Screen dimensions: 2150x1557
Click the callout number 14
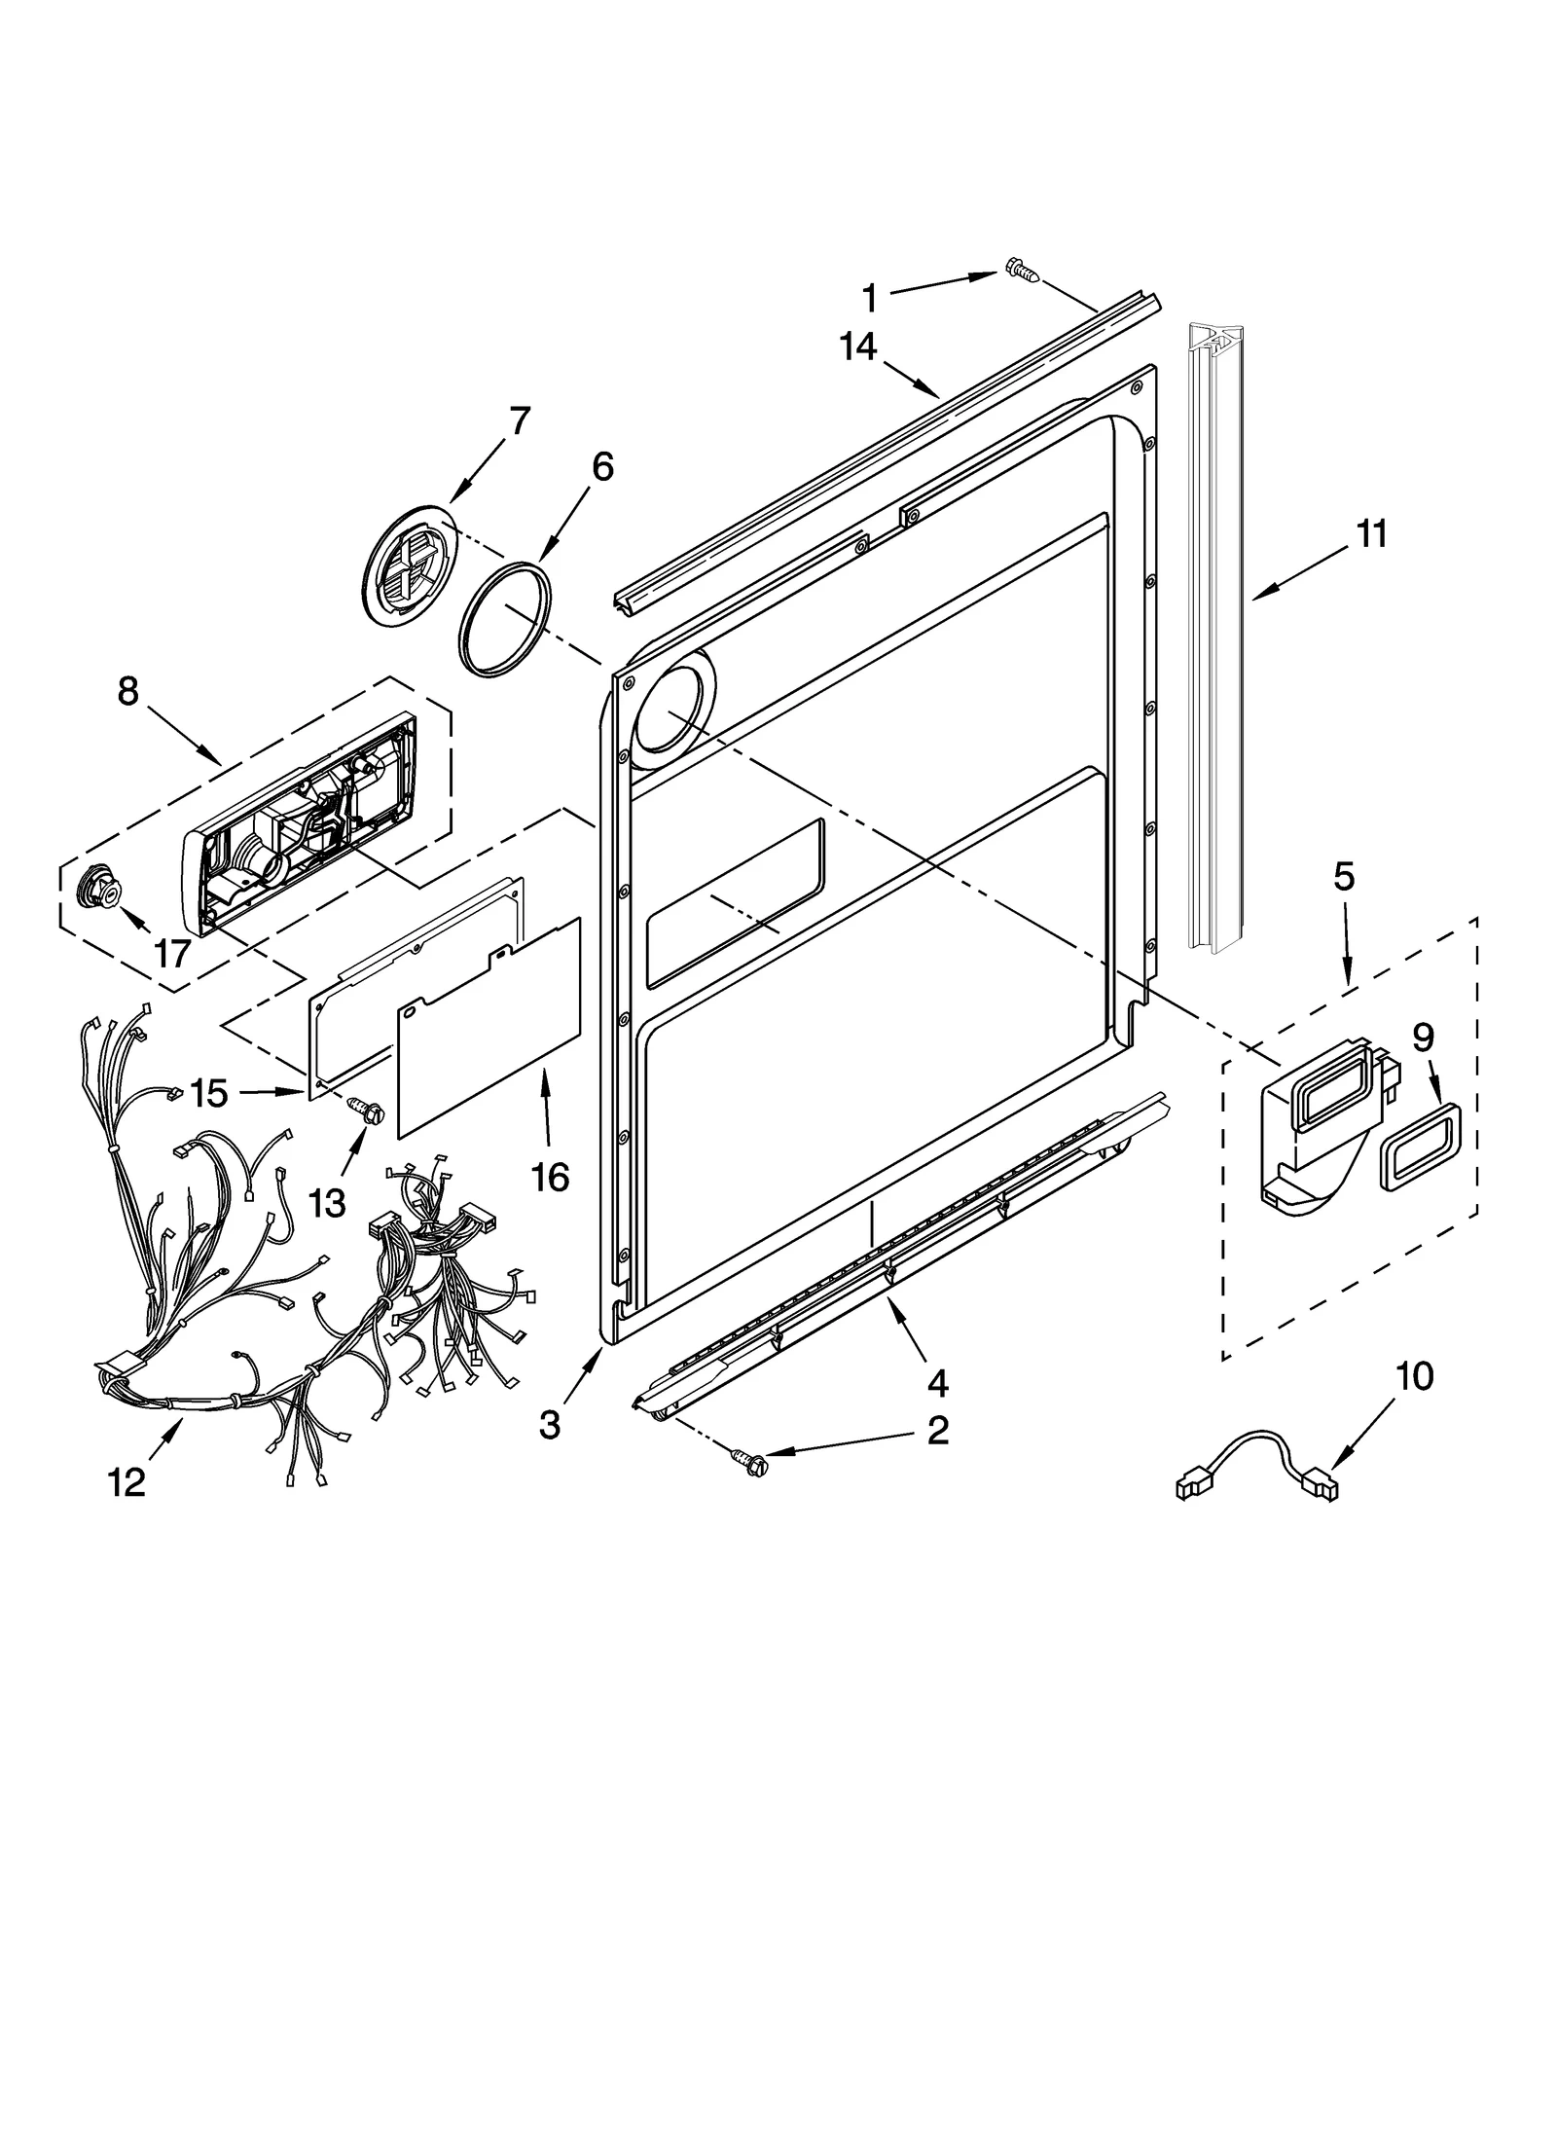tap(858, 346)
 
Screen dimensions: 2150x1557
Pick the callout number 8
tap(127, 691)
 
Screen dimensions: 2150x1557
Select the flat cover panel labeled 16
tap(489, 1027)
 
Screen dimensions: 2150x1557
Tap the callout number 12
tap(127, 1481)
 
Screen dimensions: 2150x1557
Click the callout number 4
tap(937, 1381)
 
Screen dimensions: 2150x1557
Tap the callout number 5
tap(1343, 877)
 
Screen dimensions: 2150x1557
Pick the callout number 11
tap(1371, 534)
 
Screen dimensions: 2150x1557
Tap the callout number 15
tap(208, 1093)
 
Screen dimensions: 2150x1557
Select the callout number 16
tap(550, 1177)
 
